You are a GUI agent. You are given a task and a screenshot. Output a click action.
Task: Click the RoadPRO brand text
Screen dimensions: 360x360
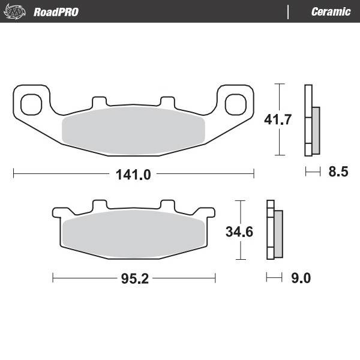click(x=56, y=12)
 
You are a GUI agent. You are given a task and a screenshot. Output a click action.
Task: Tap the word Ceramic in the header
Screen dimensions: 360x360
click(x=331, y=12)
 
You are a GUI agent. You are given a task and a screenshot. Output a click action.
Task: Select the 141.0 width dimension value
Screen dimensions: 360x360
click(x=133, y=175)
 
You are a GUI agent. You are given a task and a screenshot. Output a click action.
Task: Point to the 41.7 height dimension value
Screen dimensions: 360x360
click(x=278, y=119)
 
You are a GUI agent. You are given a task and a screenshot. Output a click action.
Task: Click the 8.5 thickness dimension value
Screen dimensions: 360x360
click(x=338, y=173)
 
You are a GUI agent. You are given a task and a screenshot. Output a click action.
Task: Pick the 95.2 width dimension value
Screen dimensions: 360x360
click(x=134, y=278)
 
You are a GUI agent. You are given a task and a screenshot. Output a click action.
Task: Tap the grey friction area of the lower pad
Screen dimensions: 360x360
click(x=133, y=235)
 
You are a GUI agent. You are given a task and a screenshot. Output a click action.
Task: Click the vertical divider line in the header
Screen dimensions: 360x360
click(x=289, y=12)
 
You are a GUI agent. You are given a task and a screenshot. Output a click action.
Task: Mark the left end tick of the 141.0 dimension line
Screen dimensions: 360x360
click(x=13, y=175)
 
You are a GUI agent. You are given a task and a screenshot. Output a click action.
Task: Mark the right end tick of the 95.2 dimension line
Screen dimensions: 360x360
click(x=215, y=278)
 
